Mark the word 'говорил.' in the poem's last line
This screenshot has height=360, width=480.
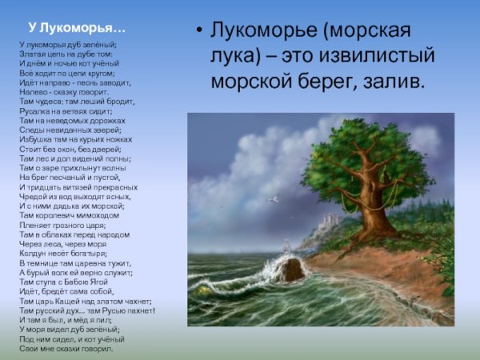pos(95,349)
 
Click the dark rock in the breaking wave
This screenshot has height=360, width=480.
pos(292,270)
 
